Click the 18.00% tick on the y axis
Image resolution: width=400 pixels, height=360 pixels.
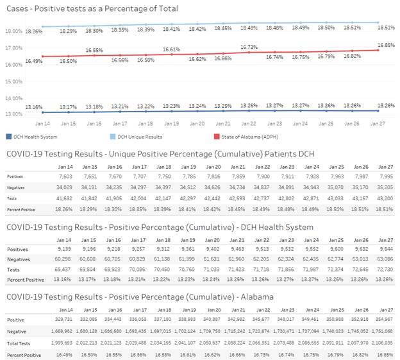(13, 31)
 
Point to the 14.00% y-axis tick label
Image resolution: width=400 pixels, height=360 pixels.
(13, 98)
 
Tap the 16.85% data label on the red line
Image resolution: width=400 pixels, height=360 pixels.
(385, 45)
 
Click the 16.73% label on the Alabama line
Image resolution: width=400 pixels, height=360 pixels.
(249, 47)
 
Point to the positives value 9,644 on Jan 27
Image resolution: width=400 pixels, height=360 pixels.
(385, 249)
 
